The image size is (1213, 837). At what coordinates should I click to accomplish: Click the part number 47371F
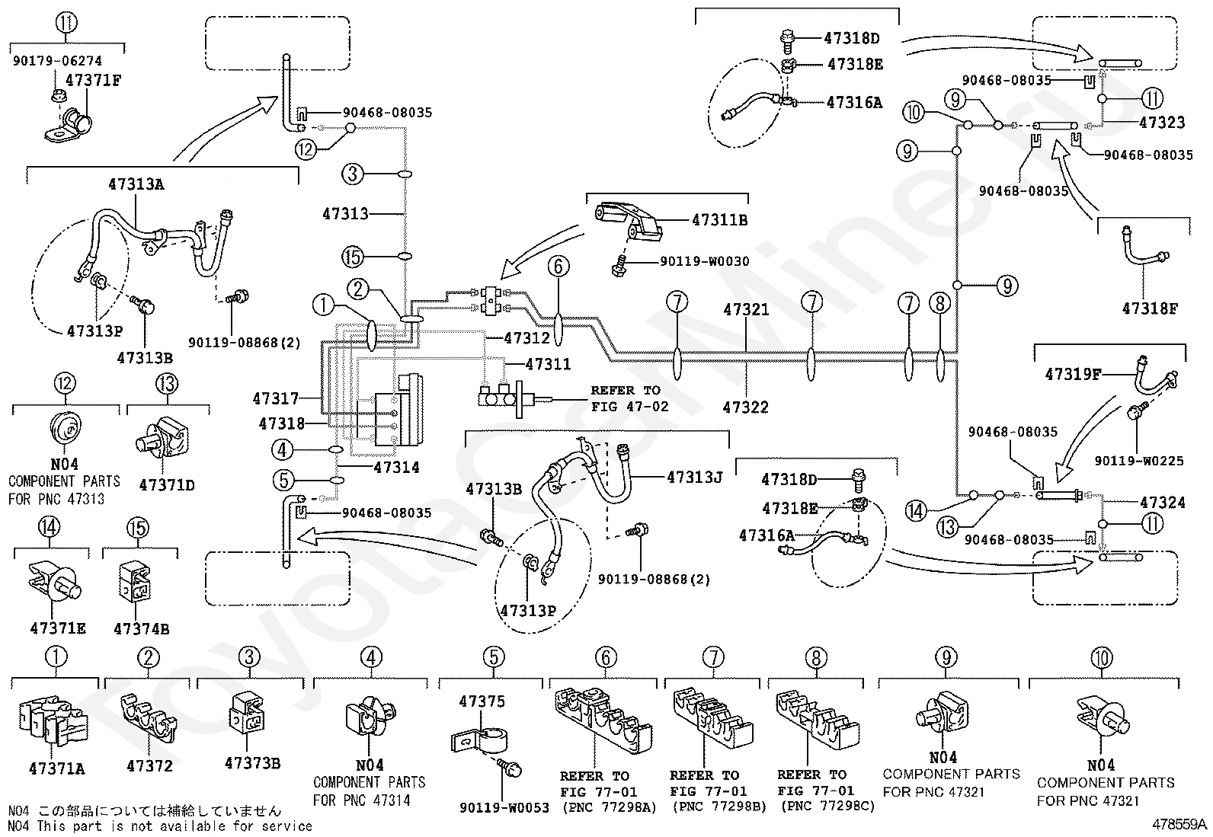tap(93, 81)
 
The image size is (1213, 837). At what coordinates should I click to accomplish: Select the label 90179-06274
tap(57, 61)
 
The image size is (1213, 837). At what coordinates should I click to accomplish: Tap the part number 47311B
tap(720, 220)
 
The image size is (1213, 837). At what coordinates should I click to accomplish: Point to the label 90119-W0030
tap(705, 261)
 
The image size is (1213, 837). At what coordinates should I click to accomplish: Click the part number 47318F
tap(1150, 308)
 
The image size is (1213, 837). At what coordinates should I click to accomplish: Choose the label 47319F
tap(1073, 375)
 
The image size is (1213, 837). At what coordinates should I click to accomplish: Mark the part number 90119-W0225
tap(1139, 462)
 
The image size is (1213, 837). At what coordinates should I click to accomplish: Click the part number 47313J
tap(695, 478)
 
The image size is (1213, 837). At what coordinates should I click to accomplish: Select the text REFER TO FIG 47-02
tap(630, 398)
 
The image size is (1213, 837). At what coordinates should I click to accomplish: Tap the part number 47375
tap(482, 701)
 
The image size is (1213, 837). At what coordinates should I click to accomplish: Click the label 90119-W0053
tap(504, 808)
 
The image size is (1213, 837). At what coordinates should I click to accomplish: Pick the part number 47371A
tap(57, 768)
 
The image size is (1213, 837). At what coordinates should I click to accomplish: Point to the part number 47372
tap(149, 767)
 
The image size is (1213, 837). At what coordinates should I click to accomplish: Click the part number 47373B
tap(252, 763)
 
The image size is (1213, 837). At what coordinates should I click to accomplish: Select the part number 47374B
tap(141, 629)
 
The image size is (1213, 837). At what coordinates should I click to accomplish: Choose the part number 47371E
tap(58, 628)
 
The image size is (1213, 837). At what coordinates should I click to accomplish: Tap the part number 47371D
tap(167, 485)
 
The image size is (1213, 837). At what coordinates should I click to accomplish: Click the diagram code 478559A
tap(1179, 825)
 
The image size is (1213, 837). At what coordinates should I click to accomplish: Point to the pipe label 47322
tap(746, 407)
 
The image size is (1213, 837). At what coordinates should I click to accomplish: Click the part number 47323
tap(1162, 123)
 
